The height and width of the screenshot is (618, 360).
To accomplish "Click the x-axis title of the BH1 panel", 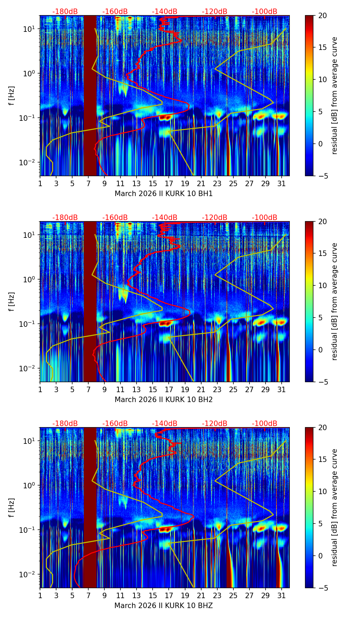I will coord(164,194).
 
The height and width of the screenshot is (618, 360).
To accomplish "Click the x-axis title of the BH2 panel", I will coord(164,400).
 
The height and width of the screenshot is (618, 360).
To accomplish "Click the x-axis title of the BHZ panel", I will coord(164,606).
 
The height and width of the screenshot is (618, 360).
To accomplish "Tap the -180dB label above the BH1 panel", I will coord(65,12).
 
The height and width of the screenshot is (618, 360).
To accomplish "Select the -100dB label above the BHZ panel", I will coord(265,424).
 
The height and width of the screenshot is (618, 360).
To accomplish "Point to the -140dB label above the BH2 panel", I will coord(165,218).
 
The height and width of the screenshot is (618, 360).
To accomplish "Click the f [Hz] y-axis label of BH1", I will coord(12,96).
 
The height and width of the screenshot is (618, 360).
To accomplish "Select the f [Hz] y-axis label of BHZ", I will coord(12,508).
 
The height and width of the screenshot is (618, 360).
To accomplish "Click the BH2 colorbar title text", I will coord(334,301).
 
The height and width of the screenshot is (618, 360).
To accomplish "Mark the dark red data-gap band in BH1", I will coord(90,96).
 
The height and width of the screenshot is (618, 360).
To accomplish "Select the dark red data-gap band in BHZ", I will coord(90,508).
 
